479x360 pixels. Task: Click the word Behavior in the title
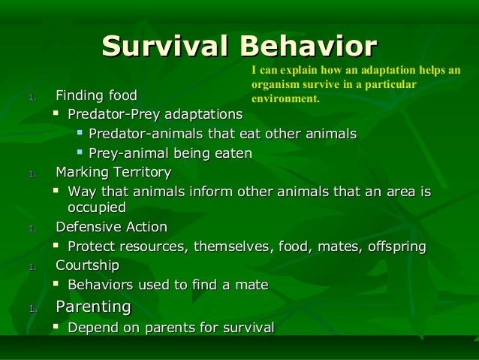[308, 46]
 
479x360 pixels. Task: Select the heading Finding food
[96, 96]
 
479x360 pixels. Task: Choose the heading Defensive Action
[111, 227]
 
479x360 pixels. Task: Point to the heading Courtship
[87, 265]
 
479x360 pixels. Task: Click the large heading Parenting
[94, 307]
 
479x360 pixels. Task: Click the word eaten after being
[231, 153]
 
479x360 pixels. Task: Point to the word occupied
[96, 207]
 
